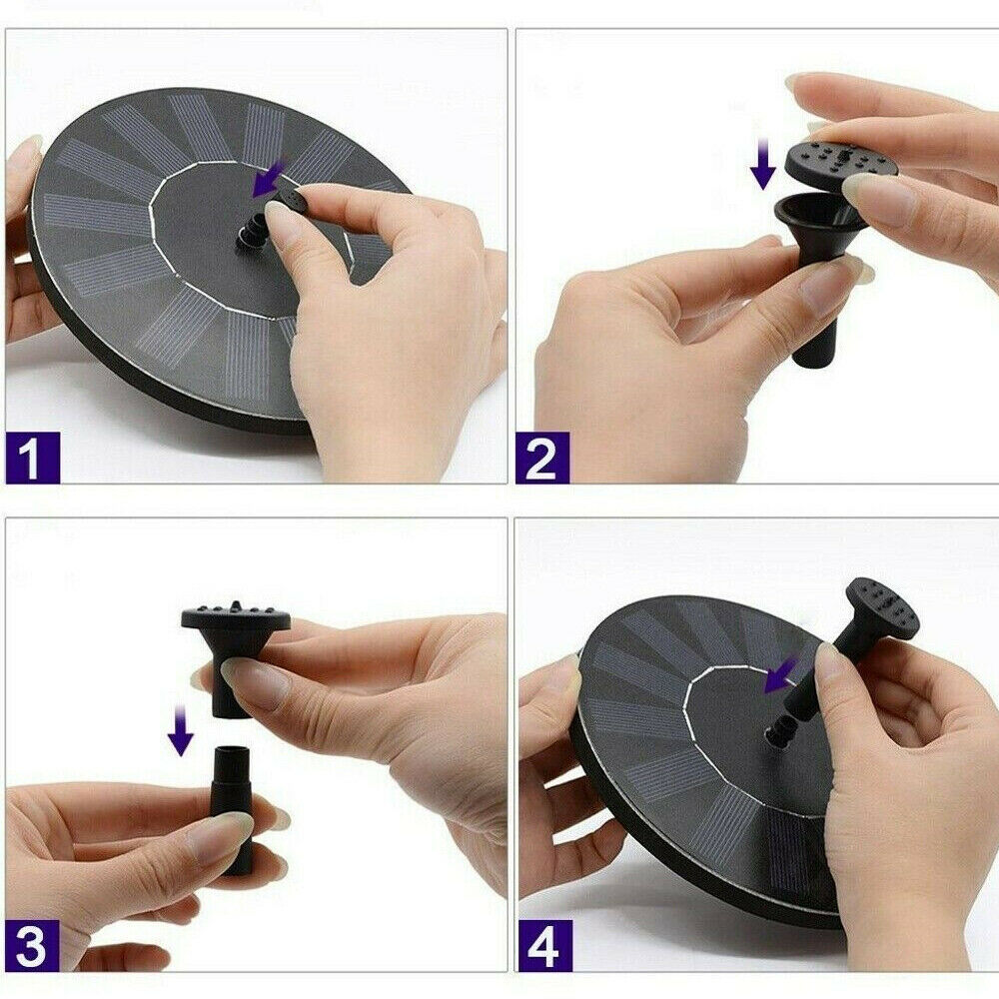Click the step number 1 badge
click(x=33, y=458)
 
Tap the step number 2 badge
click(x=542, y=458)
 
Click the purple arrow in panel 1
click(x=268, y=180)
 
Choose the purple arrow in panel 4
click(x=780, y=675)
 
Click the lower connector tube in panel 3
click(x=231, y=809)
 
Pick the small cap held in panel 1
click(x=289, y=203)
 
